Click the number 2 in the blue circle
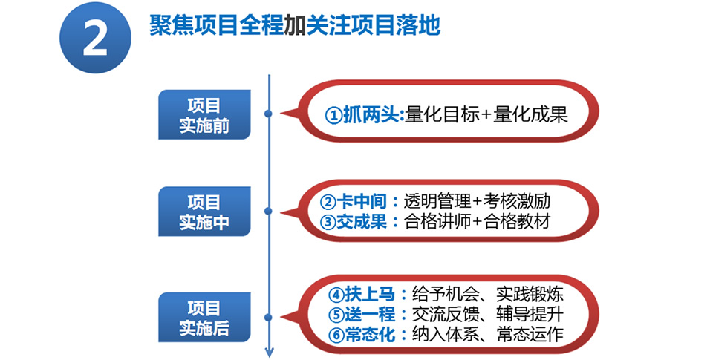pos(96,38)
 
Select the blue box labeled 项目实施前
pos(204,114)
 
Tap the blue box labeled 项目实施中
pos(204,212)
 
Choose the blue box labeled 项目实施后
pos(204,317)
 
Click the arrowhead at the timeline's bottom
pos(269,353)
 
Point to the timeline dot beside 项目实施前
pos(269,113)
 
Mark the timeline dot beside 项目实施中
pos(269,211)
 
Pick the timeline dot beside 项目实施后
pos(269,317)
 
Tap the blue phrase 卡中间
pos(362,201)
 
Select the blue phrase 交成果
pos(362,222)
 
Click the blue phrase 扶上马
pos(370,295)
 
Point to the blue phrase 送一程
pos(370,315)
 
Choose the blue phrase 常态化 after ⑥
pos(370,335)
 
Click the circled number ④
pos(336,295)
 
